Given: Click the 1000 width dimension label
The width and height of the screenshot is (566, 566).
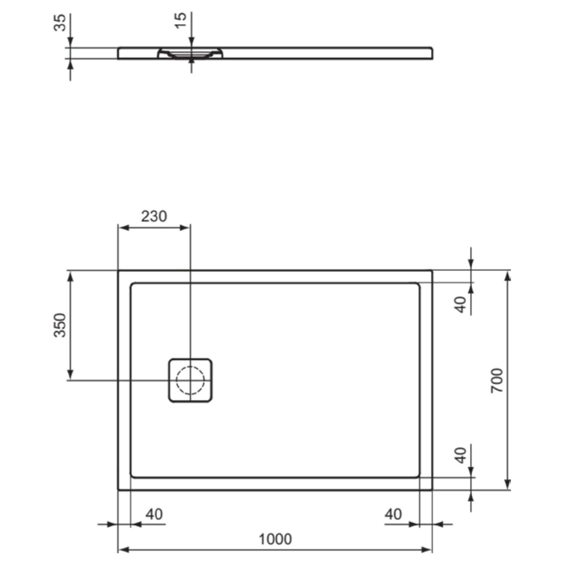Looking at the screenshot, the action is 275,539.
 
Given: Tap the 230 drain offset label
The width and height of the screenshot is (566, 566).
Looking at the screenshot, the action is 154,216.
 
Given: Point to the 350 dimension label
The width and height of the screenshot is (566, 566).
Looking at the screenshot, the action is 60,325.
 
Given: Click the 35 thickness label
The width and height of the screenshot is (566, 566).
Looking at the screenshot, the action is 60,22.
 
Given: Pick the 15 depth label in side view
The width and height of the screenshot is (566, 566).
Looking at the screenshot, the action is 181,20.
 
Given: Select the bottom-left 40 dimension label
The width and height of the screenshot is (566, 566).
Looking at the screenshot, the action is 154,514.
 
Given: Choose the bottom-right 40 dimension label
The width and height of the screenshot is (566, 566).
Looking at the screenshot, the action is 394,514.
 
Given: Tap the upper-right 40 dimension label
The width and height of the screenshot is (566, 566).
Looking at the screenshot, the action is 461,305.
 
